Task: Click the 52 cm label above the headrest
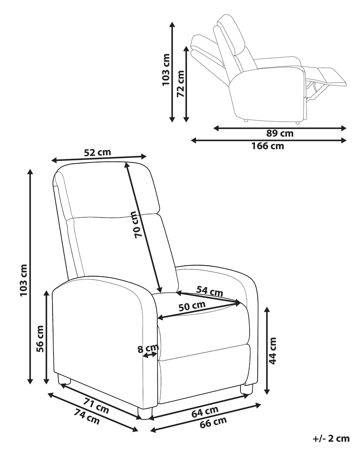pos(97,153)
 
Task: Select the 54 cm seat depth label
pos(210,291)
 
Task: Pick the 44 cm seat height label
pos(273,350)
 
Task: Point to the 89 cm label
pos(279,134)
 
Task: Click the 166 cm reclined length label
pos(268,146)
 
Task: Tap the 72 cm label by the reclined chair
pos(180,84)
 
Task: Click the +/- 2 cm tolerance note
pos(331,438)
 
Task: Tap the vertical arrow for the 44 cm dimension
pos(267,351)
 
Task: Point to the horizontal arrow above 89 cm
pos(280,128)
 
